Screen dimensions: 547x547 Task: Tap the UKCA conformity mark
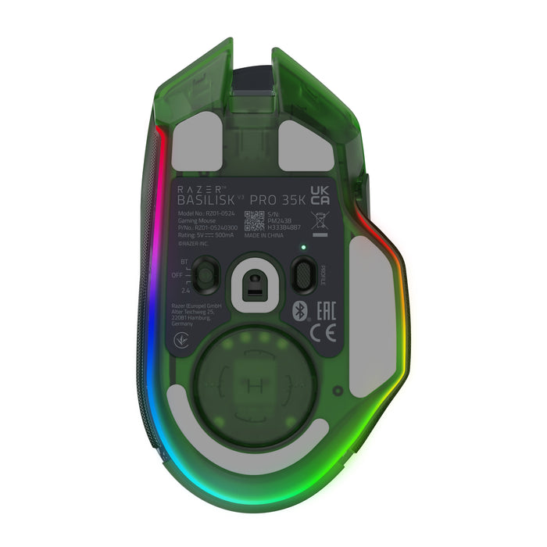(x=320, y=195)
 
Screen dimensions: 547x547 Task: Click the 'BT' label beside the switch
(x=184, y=262)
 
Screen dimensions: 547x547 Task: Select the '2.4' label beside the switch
(x=184, y=291)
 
